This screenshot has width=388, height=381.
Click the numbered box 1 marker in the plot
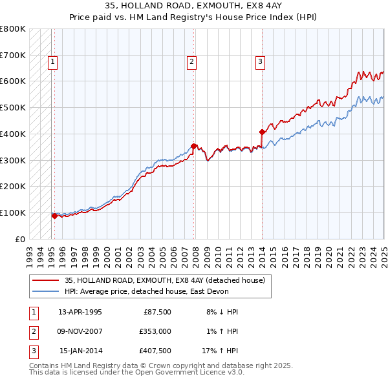[x=52, y=63]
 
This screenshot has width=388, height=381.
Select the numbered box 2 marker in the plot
[x=192, y=63]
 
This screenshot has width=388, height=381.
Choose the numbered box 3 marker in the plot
[x=260, y=63]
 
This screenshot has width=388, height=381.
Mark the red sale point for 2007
[x=194, y=146]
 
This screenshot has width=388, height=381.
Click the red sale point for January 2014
[x=262, y=132]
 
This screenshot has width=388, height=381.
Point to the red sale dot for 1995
[x=54, y=216]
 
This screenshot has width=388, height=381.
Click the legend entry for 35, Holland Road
[x=164, y=280]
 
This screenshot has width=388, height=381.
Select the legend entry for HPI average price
[x=147, y=291]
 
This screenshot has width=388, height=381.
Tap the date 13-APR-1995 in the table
[x=80, y=312]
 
